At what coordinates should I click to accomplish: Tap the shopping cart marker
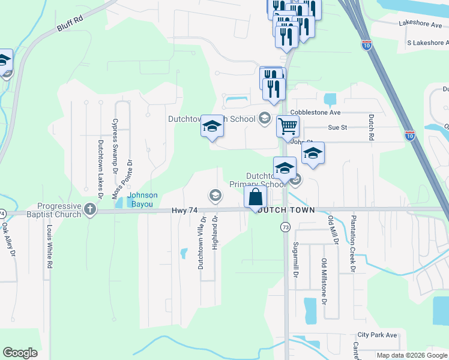288,127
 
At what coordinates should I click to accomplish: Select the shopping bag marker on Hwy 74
256,197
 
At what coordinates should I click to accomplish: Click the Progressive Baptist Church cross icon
90,209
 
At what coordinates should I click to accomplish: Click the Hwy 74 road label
185,210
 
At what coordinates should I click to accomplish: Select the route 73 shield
285,227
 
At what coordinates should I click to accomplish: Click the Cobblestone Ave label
315,112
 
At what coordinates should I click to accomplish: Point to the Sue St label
338,127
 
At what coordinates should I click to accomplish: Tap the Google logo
20,353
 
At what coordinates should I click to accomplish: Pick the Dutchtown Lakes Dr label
101,169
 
